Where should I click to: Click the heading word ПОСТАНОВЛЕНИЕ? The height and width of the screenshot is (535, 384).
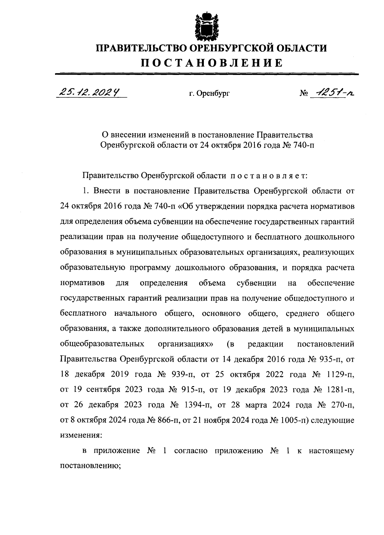(x=212, y=62)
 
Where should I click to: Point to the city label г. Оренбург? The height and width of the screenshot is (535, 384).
(x=209, y=94)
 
